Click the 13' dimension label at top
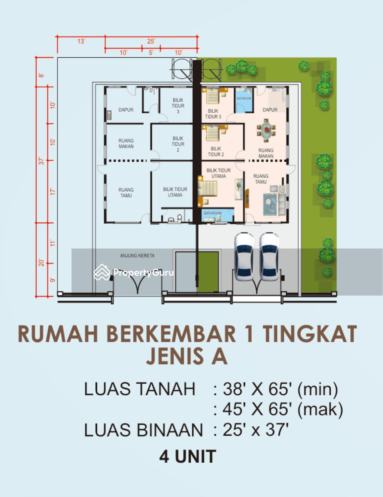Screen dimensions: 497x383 coord(81,41)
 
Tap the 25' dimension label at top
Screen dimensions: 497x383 coord(151,41)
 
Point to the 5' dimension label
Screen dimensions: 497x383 coord(151,52)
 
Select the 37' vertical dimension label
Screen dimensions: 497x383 coord(41,161)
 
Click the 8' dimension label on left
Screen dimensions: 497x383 coord(41,75)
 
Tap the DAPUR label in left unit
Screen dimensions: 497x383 coord(126,110)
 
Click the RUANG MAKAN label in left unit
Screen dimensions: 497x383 coord(126,143)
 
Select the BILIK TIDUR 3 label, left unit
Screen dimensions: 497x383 coord(178,106)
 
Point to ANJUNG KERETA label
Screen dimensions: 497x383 coord(137,255)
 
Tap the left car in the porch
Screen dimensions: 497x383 coord(244,256)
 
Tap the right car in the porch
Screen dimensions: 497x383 coord(269,256)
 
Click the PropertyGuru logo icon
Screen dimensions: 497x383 coord(102,272)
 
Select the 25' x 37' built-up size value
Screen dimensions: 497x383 coord(255,430)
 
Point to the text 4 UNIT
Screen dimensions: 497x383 coord(187,456)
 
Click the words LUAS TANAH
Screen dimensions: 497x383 coord(139,389)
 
